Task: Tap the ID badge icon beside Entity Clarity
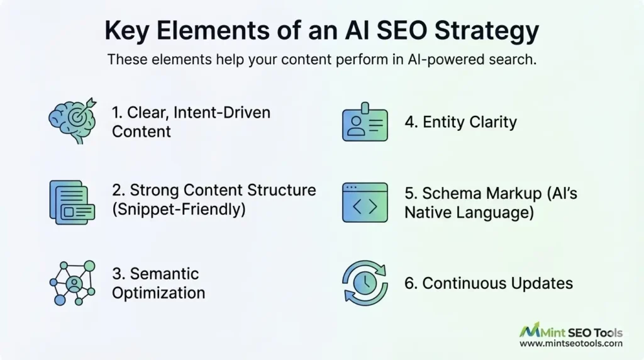(365, 121)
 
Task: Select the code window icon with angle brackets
(365, 202)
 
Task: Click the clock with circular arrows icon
(365, 283)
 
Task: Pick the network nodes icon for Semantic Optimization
(72, 283)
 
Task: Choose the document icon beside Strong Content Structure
(72, 201)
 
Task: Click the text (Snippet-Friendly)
(179, 209)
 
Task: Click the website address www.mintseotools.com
(571, 344)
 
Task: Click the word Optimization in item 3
(158, 293)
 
